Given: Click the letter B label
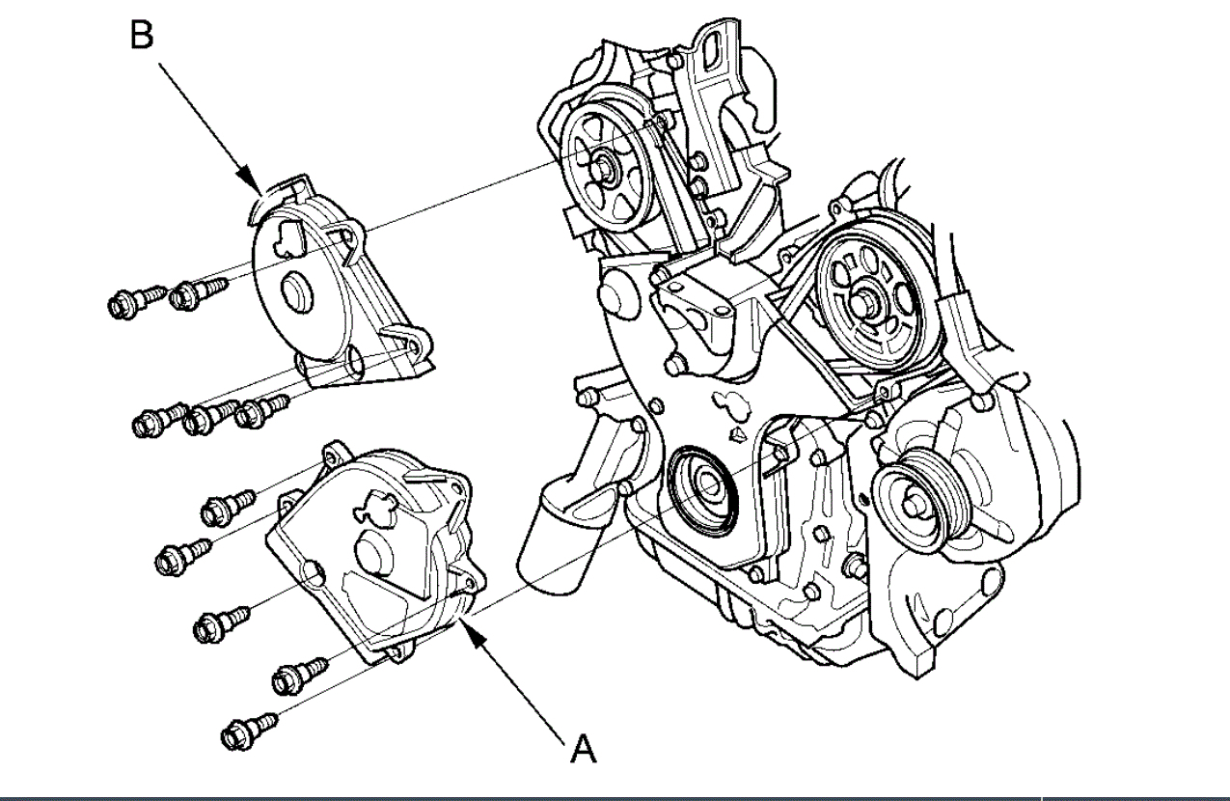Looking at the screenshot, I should pos(141,37).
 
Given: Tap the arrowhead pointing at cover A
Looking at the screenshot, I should pos(469,628).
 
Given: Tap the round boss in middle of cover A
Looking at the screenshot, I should pos(371,552).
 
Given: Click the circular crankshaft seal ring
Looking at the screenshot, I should pos(702,488).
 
